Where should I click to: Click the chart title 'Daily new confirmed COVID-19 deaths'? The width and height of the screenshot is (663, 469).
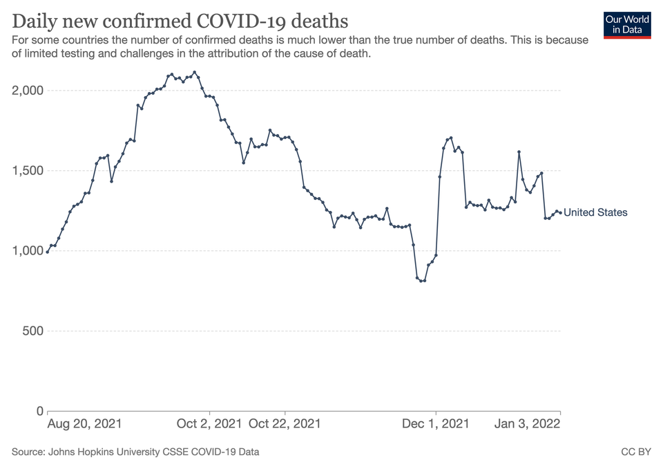(x=180, y=19)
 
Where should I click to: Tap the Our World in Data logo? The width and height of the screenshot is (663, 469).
(x=627, y=24)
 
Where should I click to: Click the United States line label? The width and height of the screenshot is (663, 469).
(x=595, y=212)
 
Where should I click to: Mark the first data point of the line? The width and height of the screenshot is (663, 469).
(x=47, y=252)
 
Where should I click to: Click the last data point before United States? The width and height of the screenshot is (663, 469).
(x=560, y=212)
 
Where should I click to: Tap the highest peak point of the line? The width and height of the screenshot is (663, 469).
(x=195, y=72)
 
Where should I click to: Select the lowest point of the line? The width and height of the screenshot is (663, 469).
(x=421, y=281)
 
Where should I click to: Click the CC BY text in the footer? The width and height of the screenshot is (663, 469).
(x=636, y=452)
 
